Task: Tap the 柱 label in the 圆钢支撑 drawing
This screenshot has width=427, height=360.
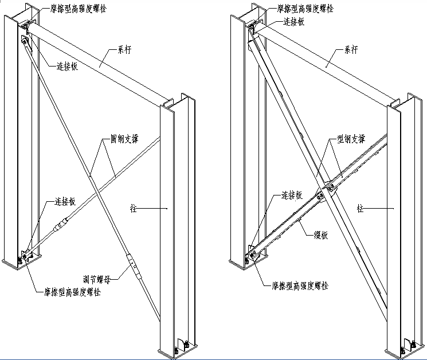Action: (x=134, y=209)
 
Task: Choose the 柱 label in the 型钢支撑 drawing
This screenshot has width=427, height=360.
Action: (x=361, y=209)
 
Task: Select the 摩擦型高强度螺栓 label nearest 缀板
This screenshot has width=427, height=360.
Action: (x=300, y=285)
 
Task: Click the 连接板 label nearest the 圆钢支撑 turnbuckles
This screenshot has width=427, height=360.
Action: (x=66, y=201)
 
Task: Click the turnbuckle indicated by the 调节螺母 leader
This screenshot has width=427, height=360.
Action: (x=132, y=265)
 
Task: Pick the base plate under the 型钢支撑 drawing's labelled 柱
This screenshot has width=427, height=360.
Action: (x=408, y=351)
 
